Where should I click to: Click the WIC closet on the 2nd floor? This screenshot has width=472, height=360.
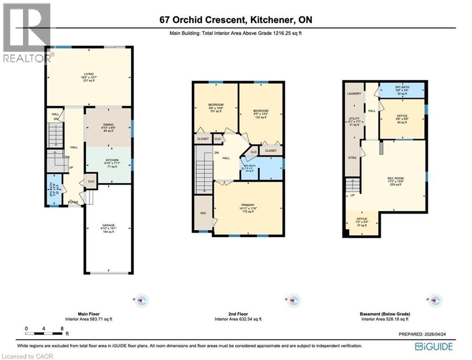pos(203,213)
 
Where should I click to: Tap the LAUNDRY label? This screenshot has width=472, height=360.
pos(354,94)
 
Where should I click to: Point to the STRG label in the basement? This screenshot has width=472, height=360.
pos(352,158)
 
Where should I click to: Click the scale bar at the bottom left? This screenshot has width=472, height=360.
pos(45,333)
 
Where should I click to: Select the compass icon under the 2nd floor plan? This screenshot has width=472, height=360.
pos(293,300)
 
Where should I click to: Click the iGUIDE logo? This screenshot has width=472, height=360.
pos(434,346)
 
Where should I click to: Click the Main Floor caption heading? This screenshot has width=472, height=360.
pos(89,314)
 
